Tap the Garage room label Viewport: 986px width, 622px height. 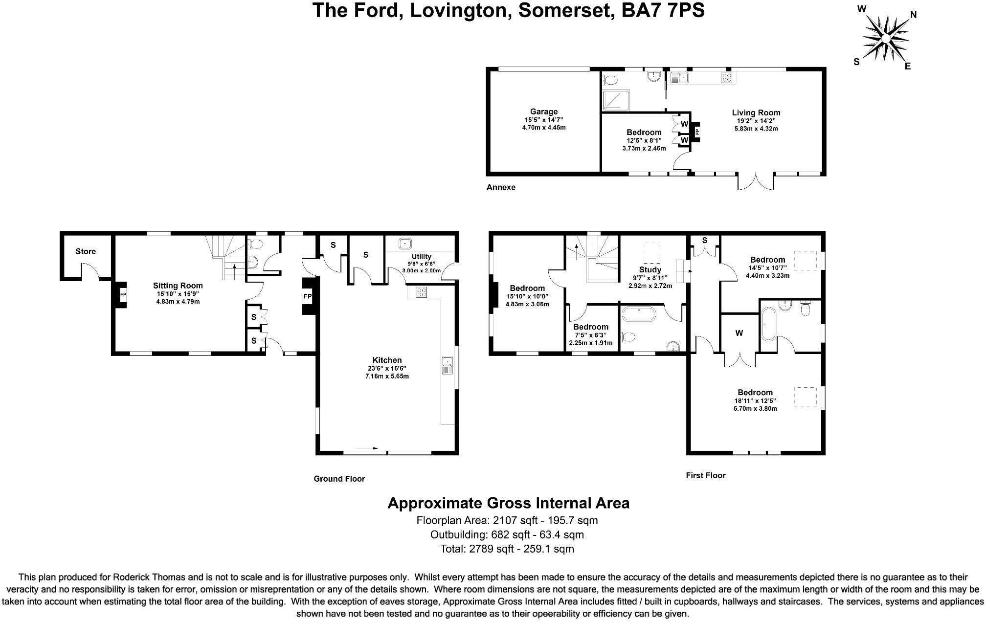pyautogui.click(x=543, y=111)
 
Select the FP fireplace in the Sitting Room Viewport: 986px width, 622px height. pyautogui.click(x=123, y=295)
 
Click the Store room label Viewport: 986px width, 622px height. pyautogui.click(x=86, y=251)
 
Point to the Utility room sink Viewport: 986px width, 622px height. pyautogui.click(x=405, y=244)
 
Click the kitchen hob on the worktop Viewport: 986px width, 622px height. pyautogui.click(x=421, y=292)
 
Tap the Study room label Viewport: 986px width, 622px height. pyautogui.click(x=650, y=269)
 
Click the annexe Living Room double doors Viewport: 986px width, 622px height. pyautogui.click(x=756, y=181)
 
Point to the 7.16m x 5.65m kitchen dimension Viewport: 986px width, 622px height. pyautogui.click(x=387, y=376)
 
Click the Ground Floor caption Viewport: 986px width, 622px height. pyautogui.click(x=339, y=479)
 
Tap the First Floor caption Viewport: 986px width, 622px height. pyautogui.click(x=705, y=475)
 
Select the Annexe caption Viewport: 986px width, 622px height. pyautogui.click(x=501, y=187)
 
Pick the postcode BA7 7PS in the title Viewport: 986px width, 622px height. pyautogui.click(x=663, y=10)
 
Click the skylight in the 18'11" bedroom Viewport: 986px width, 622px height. pyautogui.click(x=805, y=397)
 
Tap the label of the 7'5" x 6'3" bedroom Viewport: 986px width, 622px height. pyautogui.click(x=591, y=327)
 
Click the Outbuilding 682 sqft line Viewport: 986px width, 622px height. pyautogui.click(x=507, y=534)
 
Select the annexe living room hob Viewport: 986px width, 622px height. pyautogui.click(x=727, y=77)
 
